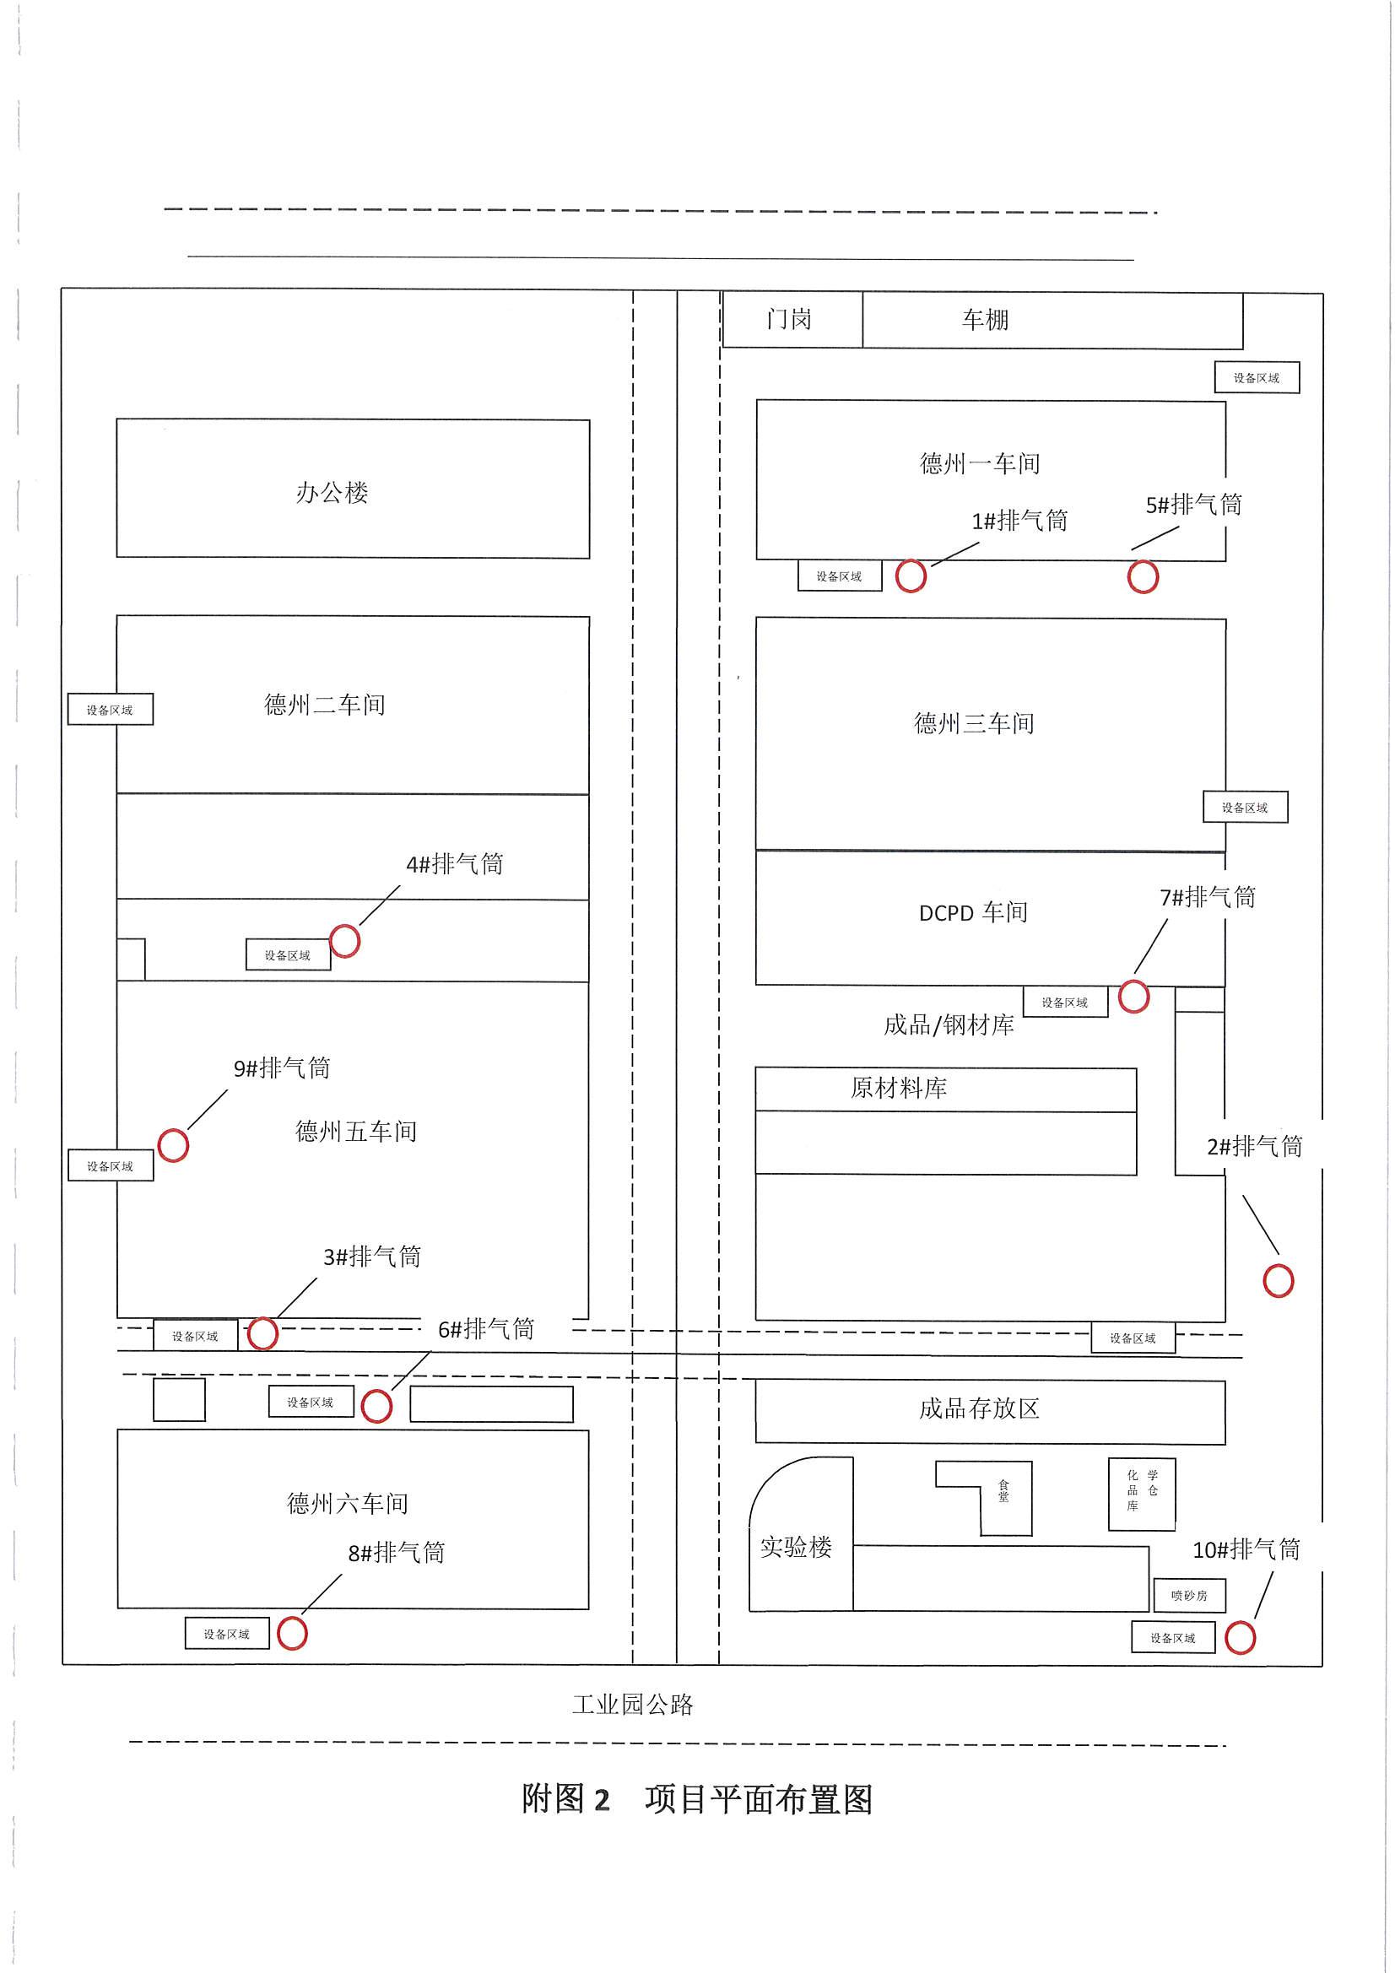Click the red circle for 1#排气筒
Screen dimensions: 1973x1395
click(x=911, y=576)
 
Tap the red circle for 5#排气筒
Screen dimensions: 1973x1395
click(x=1143, y=576)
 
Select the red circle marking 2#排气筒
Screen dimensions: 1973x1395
click(x=1278, y=1280)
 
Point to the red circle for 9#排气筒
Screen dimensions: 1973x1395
click(x=173, y=1144)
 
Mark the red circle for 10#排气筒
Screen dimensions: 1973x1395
click(x=1240, y=1637)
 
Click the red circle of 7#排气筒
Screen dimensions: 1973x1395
click(x=1133, y=997)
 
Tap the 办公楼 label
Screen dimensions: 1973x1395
click(x=332, y=492)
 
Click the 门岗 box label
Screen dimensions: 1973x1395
click(x=789, y=320)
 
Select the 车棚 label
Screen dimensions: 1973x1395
click(x=985, y=320)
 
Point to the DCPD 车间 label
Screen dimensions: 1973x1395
click(x=973, y=912)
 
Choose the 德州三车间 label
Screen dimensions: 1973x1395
click(x=974, y=723)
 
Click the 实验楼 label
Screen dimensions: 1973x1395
click(x=796, y=1548)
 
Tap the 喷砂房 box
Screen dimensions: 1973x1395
click(x=1189, y=1595)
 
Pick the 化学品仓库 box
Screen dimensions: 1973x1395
click(x=1142, y=1494)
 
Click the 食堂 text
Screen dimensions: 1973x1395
click(x=1004, y=1490)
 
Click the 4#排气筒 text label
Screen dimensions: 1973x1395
click(x=455, y=863)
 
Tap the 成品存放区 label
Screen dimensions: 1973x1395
click(x=979, y=1408)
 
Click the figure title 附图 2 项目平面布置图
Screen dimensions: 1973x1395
click(x=697, y=1798)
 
